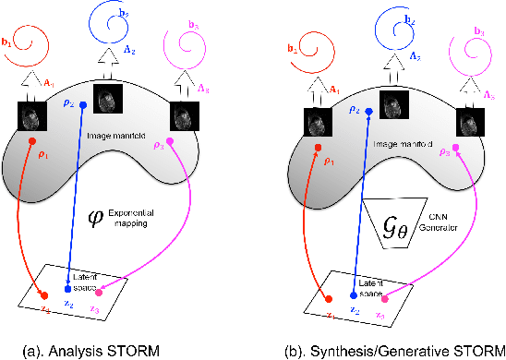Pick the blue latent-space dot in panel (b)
point(353,296)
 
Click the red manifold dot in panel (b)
point(317,147)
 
